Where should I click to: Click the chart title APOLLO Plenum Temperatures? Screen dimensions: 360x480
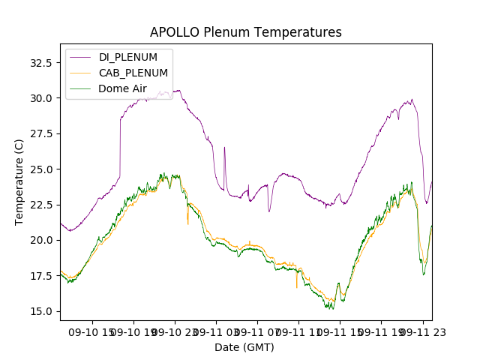[245, 32]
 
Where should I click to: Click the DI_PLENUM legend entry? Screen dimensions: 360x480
[127, 57]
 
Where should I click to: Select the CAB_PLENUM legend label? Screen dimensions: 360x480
[133, 73]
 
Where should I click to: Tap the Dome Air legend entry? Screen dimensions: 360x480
[122, 88]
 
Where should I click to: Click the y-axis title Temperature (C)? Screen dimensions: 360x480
[19, 182]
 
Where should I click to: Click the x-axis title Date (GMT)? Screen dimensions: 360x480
[244, 347]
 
